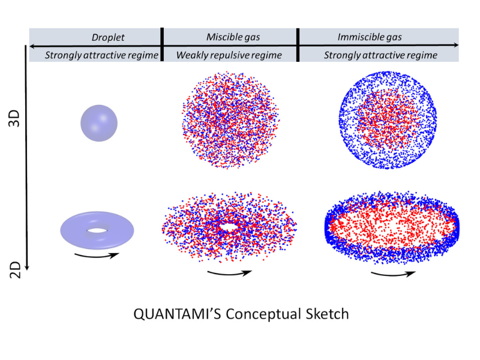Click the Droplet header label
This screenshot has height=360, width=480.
tap(108, 37)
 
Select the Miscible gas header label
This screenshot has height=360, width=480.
tap(233, 37)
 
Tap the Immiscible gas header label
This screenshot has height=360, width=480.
tap(370, 37)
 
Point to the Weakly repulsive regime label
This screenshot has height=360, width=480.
tap(229, 55)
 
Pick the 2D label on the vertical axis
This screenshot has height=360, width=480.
tap(15, 270)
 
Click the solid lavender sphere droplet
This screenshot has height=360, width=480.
tap(99, 123)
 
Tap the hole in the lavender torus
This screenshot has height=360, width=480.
tap(98, 230)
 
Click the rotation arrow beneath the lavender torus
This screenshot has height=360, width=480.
tap(97, 256)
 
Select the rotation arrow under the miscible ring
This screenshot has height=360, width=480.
tap(229, 273)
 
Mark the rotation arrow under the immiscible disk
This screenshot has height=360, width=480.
tap(393, 274)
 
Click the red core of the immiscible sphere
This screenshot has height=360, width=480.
tap(386, 119)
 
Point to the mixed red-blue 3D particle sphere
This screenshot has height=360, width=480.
tap(230, 120)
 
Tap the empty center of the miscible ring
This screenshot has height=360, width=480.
tap(229, 227)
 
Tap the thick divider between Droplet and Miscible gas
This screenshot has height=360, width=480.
tap(162, 44)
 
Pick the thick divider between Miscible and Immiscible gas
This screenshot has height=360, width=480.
tap(298, 44)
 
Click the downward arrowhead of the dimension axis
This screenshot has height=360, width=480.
tap(27, 267)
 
